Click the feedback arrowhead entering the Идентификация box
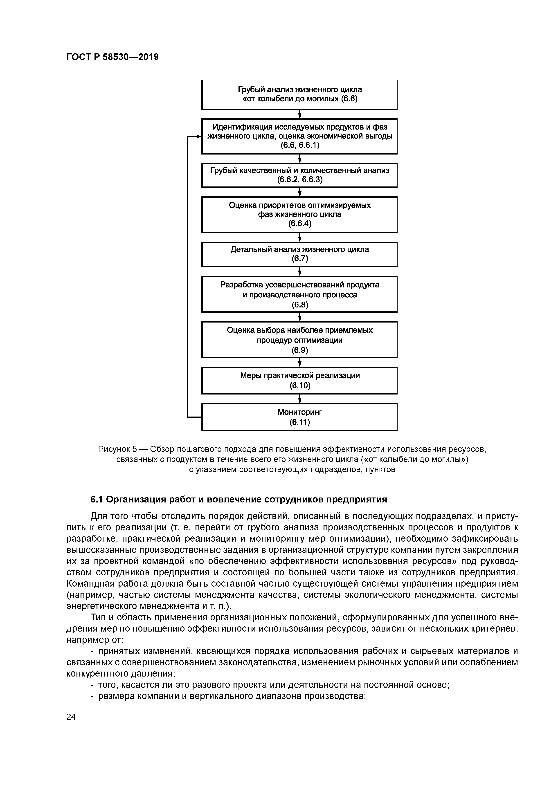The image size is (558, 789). [199, 137]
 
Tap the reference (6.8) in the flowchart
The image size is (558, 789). [300, 305]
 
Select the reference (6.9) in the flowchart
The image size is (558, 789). [300, 350]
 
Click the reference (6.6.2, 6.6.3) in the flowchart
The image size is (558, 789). [300, 179]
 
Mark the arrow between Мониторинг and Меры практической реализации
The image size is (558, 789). [300, 399]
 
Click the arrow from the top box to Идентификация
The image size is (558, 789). [300, 114]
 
